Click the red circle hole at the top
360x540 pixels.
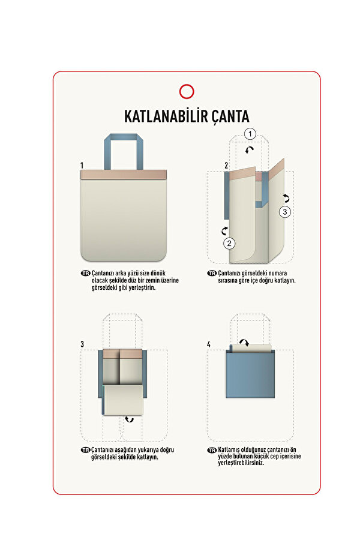click(x=187, y=91)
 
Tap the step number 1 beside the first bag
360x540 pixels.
click(x=82, y=164)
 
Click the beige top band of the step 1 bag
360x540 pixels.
click(x=122, y=175)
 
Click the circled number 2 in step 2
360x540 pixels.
click(x=229, y=243)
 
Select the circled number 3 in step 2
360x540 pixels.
click(x=285, y=211)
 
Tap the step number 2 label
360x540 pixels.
click(x=226, y=165)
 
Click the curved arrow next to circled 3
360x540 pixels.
click(x=286, y=197)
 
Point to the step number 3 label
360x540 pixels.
click(x=82, y=344)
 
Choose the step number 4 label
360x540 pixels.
click(x=209, y=344)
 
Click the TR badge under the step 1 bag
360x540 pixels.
click(x=85, y=273)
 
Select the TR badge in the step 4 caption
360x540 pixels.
click(x=212, y=450)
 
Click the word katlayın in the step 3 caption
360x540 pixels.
click(x=145, y=457)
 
